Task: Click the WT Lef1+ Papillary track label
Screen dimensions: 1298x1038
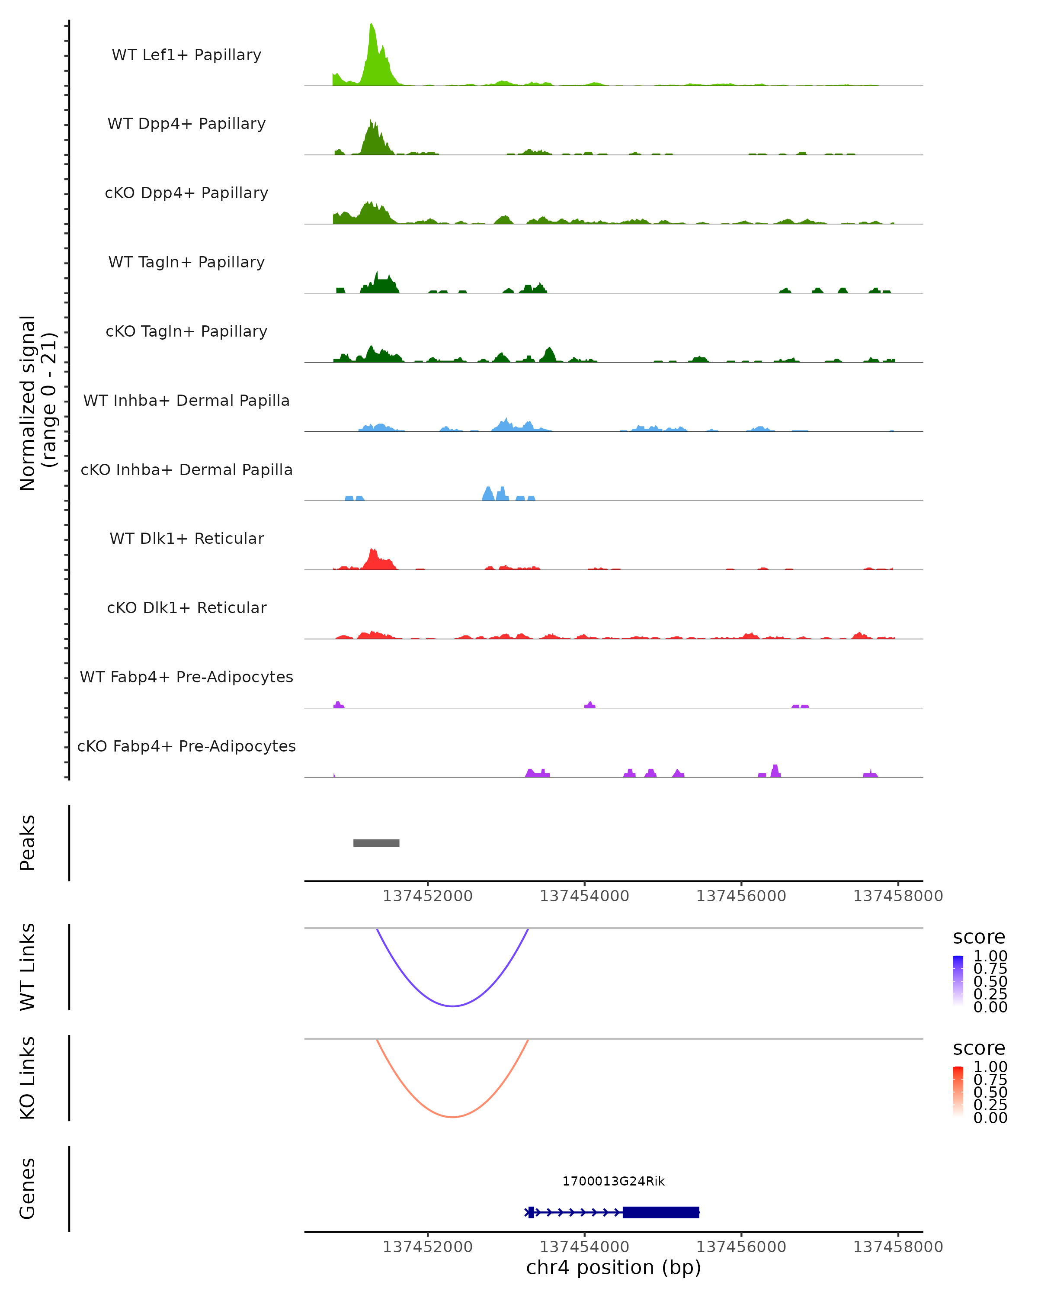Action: pyautogui.click(x=186, y=55)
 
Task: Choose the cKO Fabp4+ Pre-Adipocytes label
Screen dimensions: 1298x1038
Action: pyautogui.click(x=186, y=746)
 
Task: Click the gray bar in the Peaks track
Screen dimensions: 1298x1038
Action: pyautogui.click(x=376, y=843)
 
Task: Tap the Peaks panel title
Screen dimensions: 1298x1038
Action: pyautogui.click(x=27, y=843)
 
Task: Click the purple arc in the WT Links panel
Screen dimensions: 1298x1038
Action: pyautogui.click(x=452, y=1006)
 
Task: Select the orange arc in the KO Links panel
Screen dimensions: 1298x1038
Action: pyautogui.click(x=452, y=1117)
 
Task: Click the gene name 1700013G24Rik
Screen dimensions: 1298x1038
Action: pyautogui.click(x=613, y=1181)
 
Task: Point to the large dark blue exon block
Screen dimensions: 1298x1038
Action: pyautogui.click(x=661, y=1212)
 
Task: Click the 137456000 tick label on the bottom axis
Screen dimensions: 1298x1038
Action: pyautogui.click(x=741, y=1247)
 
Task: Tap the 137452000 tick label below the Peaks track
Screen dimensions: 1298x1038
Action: pyautogui.click(x=427, y=896)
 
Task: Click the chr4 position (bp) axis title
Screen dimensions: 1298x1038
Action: pyautogui.click(x=613, y=1268)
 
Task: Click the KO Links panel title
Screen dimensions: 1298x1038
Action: pyautogui.click(x=27, y=1078)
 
